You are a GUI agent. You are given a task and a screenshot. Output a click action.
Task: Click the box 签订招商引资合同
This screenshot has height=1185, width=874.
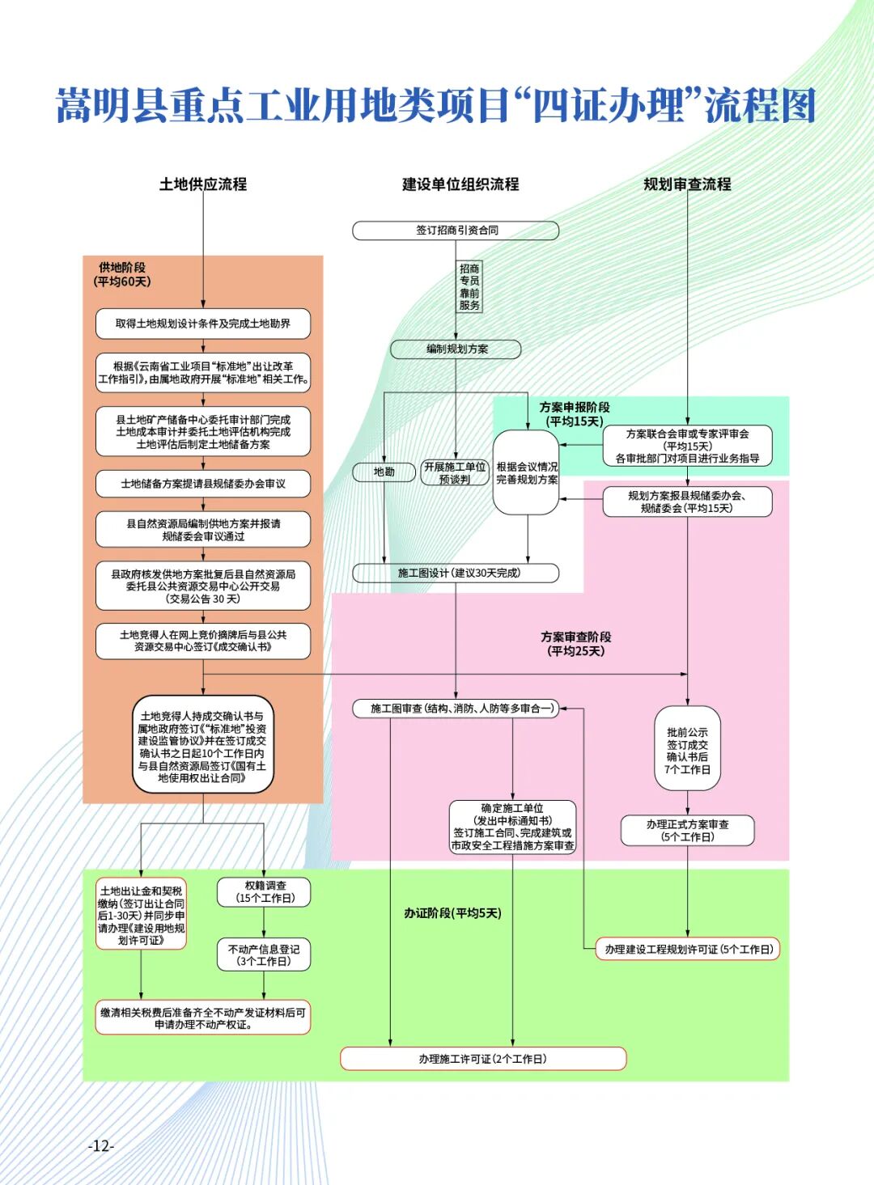tap(456, 231)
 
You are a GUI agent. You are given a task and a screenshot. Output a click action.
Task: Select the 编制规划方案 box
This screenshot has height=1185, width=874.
tap(456, 349)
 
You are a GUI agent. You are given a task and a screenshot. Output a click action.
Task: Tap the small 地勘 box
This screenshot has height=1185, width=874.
tap(384, 472)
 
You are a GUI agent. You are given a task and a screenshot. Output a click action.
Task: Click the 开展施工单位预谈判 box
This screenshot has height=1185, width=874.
tap(455, 472)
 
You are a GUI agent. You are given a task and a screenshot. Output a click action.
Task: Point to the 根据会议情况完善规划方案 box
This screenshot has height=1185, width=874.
tap(526, 473)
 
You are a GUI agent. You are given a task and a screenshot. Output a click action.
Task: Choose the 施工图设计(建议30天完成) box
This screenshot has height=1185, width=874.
tap(456, 573)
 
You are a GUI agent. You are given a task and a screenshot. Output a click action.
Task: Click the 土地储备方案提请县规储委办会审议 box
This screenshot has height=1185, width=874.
tap(203, 484)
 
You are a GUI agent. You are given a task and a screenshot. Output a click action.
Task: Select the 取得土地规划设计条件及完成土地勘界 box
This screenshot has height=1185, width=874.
tap(203, 324)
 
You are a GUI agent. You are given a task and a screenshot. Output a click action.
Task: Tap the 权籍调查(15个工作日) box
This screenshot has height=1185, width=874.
tap(264, 891)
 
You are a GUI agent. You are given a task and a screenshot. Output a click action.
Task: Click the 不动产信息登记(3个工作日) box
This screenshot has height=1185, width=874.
tap(264, 954)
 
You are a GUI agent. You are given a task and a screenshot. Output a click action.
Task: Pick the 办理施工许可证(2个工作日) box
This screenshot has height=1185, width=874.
tap(483, 1059)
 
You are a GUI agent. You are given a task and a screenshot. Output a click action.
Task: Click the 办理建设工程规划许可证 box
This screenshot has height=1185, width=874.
tap(688, 949)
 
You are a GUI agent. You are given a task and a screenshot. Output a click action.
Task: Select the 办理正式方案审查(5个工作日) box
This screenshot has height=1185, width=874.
tap(687, 830)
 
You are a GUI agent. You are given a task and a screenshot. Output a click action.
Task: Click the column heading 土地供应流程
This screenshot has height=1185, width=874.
tap(203, 184)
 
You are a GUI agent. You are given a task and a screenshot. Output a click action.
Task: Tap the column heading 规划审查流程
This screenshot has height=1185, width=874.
tap(687, 184)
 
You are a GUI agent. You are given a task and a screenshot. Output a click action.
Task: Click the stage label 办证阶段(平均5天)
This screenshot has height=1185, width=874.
tap(452, 913)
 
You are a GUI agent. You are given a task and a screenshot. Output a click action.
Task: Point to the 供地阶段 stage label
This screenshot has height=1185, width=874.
tap(122, 274)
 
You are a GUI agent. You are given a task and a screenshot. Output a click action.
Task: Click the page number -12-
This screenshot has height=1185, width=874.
tap(101, 1145)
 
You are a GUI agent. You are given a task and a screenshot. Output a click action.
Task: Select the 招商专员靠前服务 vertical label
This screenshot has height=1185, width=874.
tap(469, 286)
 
